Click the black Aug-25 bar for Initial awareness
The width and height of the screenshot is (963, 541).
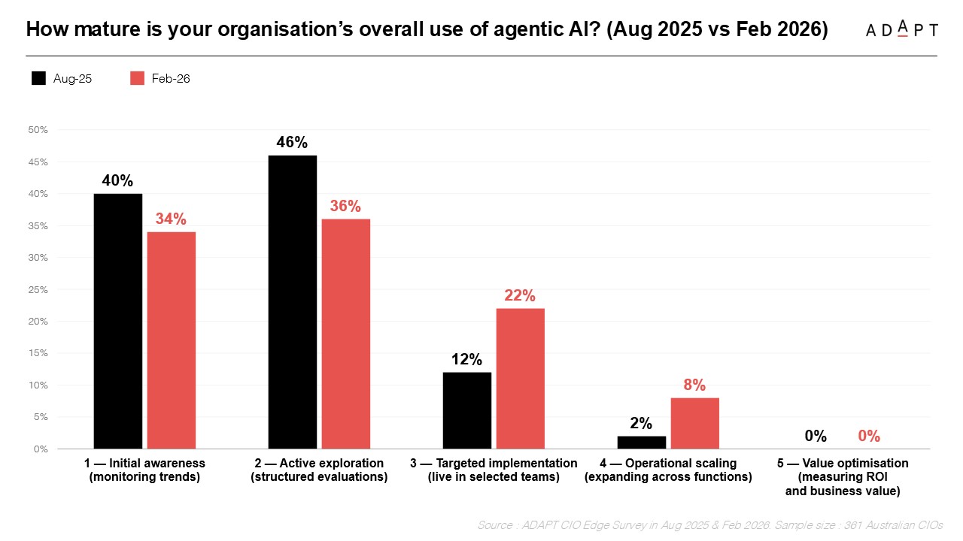[118, 321]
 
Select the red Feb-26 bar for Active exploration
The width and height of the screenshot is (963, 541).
[345, 334]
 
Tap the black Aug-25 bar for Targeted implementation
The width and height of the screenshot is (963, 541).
[466, 410]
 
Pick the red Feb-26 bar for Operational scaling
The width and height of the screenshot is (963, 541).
[694, 423]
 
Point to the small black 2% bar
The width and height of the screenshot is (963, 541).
[641, 443]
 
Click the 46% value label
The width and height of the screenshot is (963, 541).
[292, 143]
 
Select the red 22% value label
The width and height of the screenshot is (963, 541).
[520, 296]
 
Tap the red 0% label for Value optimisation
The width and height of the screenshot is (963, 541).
[869, 437]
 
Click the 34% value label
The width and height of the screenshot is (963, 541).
[171, 219]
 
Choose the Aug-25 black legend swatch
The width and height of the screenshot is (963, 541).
[38, 78]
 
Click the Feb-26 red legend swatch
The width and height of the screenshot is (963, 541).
[137, 78]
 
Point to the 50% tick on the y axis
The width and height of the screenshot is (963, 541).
[38, 130]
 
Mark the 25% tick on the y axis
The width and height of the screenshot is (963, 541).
[38, 289]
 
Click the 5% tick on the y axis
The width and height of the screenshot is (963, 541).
[39, 417]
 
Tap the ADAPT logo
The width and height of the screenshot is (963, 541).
[901, 29]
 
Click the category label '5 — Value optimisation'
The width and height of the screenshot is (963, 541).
[843, 463]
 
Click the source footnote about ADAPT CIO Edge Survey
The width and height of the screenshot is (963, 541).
[709, 525]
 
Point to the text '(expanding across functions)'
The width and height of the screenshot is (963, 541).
[668, 477]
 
